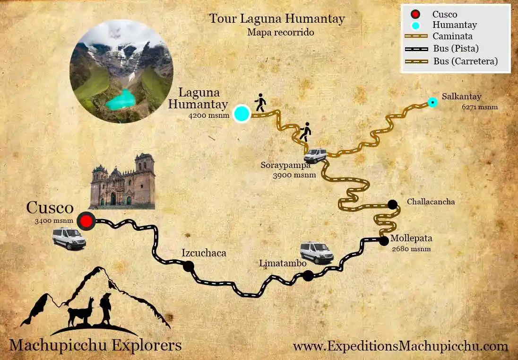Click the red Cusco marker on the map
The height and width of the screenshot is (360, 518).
point(86,221)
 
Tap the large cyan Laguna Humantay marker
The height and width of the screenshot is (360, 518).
point(242,114)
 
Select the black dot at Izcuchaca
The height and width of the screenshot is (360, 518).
point(189,266)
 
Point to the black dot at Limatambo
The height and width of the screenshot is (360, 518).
point(308,276)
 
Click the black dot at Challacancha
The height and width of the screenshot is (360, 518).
point(392,204)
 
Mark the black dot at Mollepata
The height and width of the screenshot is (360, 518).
point(384,241)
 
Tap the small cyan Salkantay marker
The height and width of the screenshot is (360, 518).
point(432,102)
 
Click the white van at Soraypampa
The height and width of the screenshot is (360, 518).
point(315,155)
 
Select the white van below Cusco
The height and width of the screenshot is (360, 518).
point(69,238)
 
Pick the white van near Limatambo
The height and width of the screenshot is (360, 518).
point(317,253)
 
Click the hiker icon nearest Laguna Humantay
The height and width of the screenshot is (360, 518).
point(260,103)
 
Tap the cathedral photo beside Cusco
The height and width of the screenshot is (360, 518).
point(123,182)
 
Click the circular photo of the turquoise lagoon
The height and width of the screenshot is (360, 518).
point(121,71)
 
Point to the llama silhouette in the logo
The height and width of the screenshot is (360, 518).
point(81,312)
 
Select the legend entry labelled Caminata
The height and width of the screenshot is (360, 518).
point(452,36)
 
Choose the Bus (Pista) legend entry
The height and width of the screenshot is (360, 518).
point(456,49)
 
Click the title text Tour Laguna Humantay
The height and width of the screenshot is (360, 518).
point(277,19)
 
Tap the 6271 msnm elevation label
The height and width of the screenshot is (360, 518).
point(480,107)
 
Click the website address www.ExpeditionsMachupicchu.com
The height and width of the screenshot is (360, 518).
point(400,346)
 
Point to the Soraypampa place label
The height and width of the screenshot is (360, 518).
point(285,166)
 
